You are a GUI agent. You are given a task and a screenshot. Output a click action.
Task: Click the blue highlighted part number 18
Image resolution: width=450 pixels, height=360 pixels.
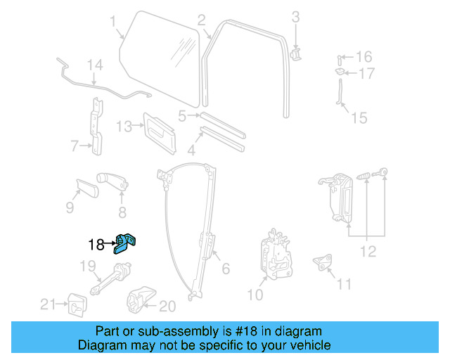127,242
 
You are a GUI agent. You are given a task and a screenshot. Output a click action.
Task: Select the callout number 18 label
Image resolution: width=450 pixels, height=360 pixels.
96,245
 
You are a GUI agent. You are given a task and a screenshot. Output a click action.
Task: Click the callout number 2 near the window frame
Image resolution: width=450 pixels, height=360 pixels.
201,20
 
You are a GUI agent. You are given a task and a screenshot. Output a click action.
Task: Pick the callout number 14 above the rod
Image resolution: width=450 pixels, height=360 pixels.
95,65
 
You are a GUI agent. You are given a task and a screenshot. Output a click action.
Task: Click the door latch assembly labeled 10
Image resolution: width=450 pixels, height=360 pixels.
276,252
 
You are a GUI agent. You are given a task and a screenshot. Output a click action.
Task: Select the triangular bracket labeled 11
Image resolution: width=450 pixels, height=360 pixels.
324,261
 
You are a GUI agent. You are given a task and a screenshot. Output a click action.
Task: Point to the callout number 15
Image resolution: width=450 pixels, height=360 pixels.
359,118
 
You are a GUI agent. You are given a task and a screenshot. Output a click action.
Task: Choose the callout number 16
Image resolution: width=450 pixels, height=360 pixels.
364,56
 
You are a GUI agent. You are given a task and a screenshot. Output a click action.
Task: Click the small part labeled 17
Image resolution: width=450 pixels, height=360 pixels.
340,71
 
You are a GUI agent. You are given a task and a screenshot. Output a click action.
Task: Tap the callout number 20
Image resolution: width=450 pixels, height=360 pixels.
167,306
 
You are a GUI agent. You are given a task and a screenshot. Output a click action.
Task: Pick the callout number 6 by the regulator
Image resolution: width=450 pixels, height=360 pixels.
226,269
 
